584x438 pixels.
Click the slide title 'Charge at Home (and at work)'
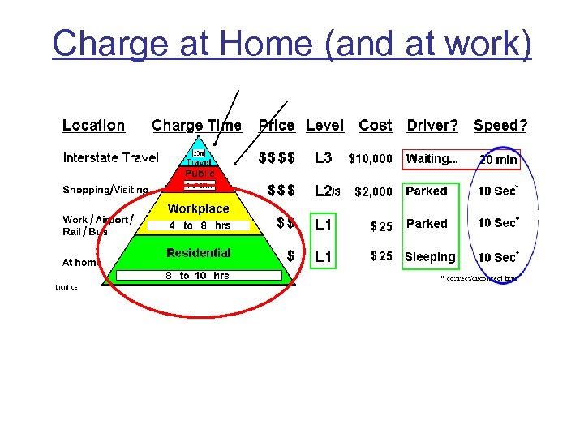(x=292, y=44)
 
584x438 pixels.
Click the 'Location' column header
(x=93, y=126)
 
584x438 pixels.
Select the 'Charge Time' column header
(x=196, y=126)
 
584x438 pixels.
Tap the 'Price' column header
(x=276, y=126)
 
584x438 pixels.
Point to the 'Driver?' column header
(x=432, y=126)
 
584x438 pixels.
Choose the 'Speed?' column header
(x=500, y=126)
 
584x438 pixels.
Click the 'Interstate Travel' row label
(x=110, y=158)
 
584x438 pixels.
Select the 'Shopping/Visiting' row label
(x=105, y=190)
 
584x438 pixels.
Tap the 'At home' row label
(x=82, y=262)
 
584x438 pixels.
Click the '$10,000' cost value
(x=371, y=159)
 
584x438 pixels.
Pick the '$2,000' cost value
(x=373, y=192)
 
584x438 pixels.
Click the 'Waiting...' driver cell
(x=432, y=159)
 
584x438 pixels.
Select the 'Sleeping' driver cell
(x=430, y=257)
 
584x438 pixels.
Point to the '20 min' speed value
(x=498, y=160)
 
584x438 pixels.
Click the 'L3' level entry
(x=323, y=158)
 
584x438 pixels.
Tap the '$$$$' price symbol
(x=277, y=158)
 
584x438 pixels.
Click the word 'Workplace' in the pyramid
(x=199, y=208)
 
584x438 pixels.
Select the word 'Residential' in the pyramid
(x=199, y=253)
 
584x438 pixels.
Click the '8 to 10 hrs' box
(x=198, y=276)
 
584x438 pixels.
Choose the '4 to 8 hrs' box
(x=200, y=225)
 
